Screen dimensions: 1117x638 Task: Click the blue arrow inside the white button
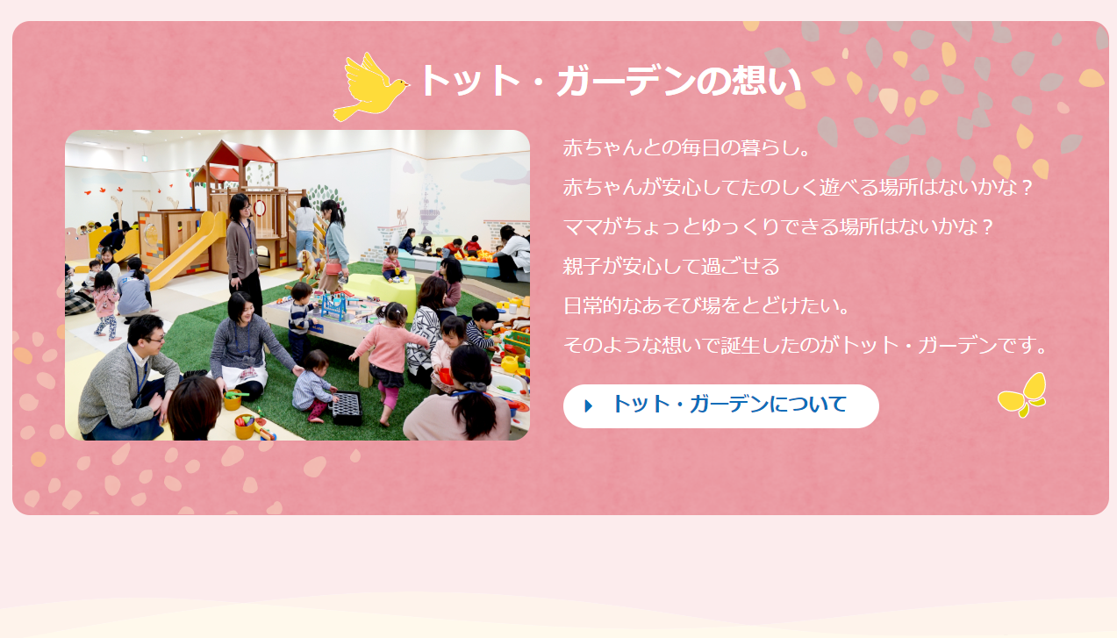coord(589,406)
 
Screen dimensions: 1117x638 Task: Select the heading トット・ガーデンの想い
coord(611,81)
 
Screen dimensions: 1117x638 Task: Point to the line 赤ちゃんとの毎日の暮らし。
coord(687,148)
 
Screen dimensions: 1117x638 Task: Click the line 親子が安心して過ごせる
coord(671,267)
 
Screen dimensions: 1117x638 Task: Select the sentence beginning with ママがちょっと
coord(779,227)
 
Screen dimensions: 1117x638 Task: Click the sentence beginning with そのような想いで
coord(806,345)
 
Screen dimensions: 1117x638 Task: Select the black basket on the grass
coord(347,408)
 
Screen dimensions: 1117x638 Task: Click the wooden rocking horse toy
coord(309,267)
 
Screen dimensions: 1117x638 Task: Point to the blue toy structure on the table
coord(334,306)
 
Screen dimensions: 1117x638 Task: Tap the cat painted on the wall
coord(401,216)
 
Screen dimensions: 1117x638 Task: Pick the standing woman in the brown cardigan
coord(244,253)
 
